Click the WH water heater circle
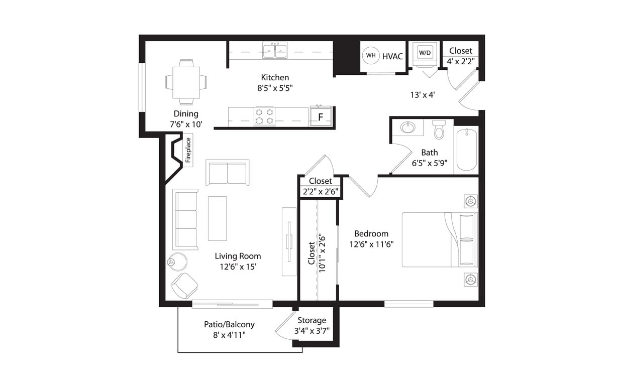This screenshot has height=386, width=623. [x=371, y=56]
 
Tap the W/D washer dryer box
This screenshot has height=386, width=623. [x=425, y=52]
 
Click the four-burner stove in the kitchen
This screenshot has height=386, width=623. [x=264, y=116]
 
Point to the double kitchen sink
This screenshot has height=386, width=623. [x=274, y=50]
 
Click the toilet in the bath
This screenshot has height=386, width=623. [x=439, y=129]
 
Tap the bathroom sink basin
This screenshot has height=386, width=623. [x=408, y=127]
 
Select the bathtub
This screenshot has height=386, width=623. [x=466, y=150]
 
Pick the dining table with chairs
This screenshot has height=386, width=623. [x=186, y=81]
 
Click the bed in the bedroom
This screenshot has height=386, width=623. [x=439, y=239]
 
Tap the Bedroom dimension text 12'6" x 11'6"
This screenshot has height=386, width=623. [x=371, y=244]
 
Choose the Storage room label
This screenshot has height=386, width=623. [x=311, y=320]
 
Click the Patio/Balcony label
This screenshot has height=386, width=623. [x=229, y=324]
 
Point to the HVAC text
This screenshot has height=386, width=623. [x=392, y=56]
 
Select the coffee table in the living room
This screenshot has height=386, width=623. [x=218, y=218]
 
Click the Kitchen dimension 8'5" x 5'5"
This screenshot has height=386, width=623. [x=275, y=88]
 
